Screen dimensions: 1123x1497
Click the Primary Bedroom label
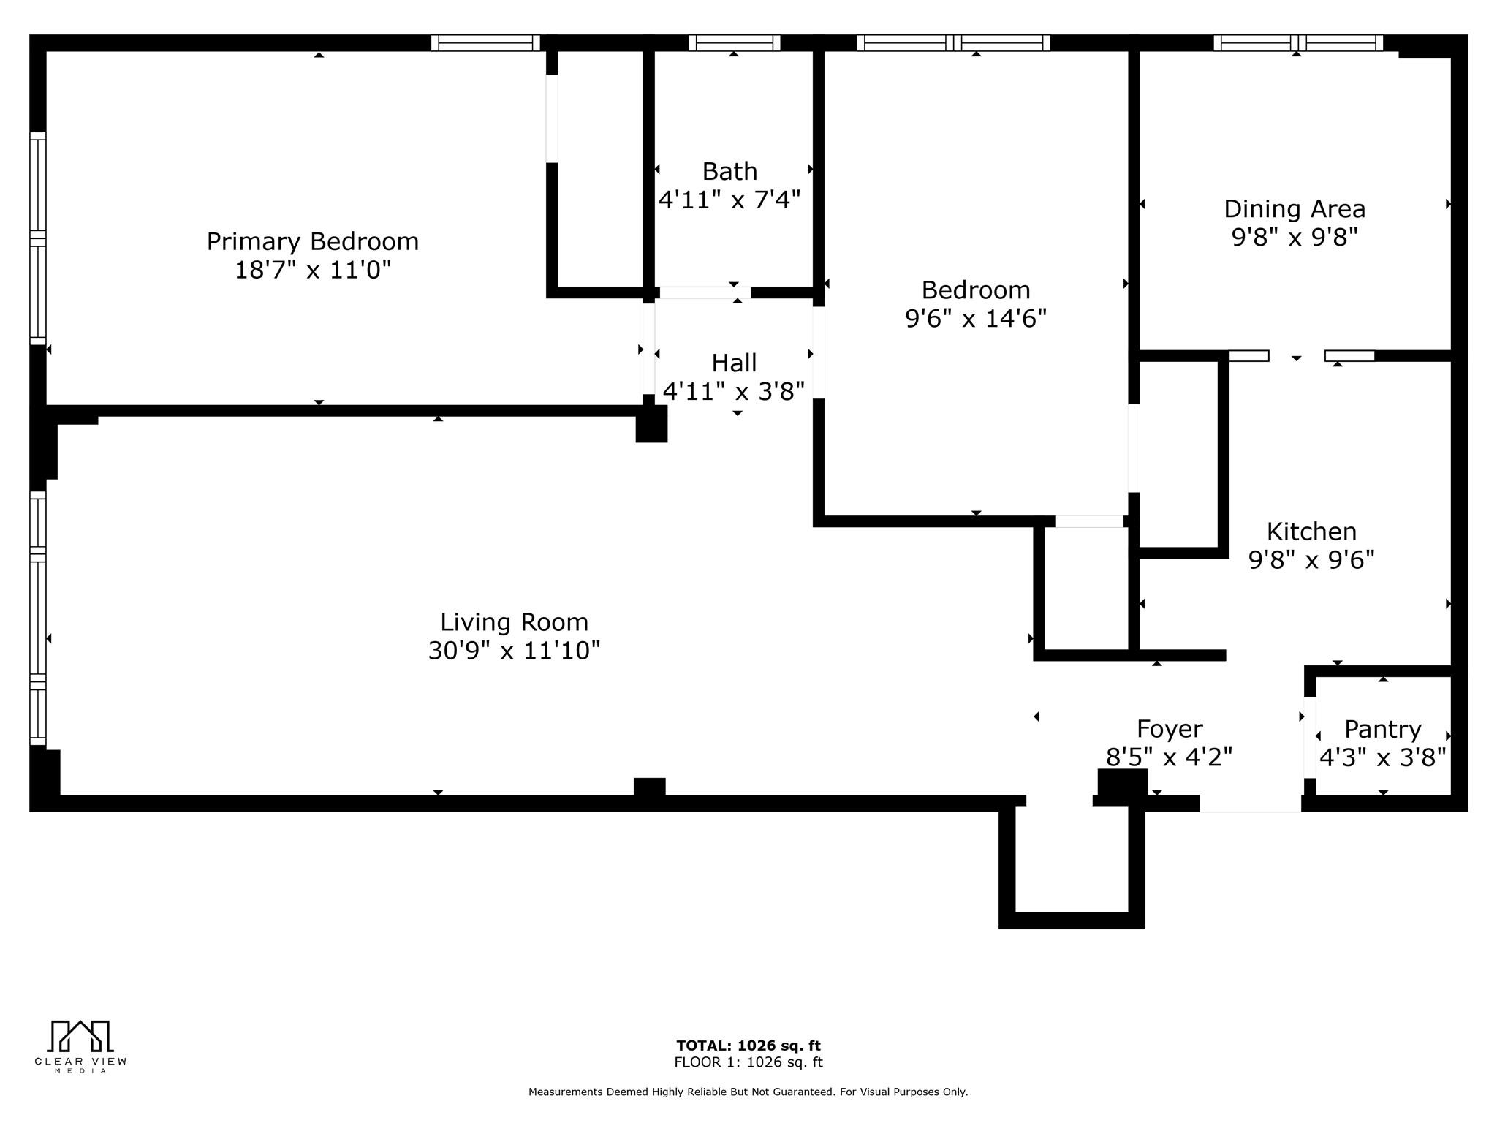tap(312, 241)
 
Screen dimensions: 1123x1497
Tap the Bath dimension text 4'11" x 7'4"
tap(729, 200)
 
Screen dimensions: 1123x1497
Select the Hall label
tap(734, 363)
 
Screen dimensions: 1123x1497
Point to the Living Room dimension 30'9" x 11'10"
tap(514, 650)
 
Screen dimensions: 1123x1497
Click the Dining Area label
tap(1294, 210)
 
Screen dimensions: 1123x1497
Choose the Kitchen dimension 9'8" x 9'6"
tap(1311, 560)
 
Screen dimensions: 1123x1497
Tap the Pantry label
tap(1382, 730)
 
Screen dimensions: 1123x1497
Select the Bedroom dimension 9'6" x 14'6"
tap(975, 319)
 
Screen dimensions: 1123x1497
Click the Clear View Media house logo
tap(80, 1036)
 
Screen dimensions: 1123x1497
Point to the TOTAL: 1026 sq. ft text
tap(748, 1046)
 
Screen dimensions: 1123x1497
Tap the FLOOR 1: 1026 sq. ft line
tap(748, 1062)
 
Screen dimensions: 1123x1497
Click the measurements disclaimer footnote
tap(748, 1092)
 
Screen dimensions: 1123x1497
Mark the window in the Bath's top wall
tap(734, 43)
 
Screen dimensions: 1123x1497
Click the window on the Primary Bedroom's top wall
tap(485, 43)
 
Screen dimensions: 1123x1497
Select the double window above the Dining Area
tap(1297, 43)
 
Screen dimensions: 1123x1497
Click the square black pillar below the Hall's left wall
tap(651, 424)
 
